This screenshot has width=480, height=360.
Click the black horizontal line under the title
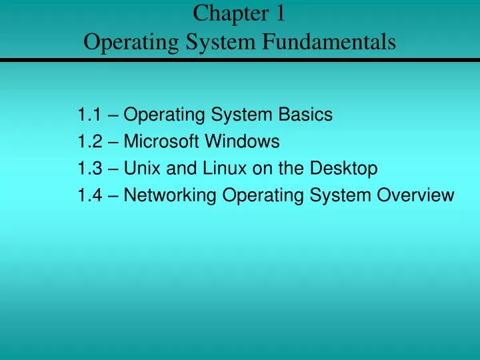240,61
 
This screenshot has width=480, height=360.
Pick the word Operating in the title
127,43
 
